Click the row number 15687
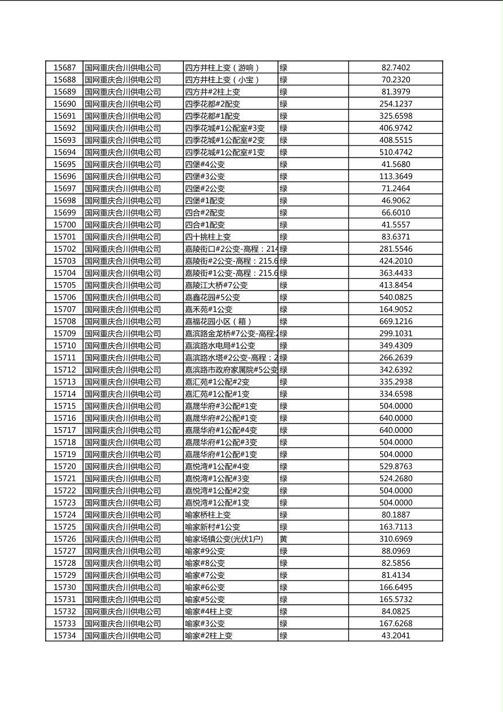64,68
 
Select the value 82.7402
396,68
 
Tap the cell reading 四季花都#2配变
213,104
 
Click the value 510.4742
396,152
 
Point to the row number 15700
64,225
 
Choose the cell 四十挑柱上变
208,237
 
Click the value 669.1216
396,322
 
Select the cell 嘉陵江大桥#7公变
217,285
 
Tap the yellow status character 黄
284,539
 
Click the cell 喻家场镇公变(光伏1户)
224,539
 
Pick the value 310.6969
396,539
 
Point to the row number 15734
64,636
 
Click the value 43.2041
396,636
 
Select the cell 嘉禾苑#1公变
209,309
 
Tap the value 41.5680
396,164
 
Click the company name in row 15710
123,345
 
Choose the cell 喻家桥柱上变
208,515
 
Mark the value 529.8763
396,467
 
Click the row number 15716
64,418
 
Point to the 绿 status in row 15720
284,467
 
